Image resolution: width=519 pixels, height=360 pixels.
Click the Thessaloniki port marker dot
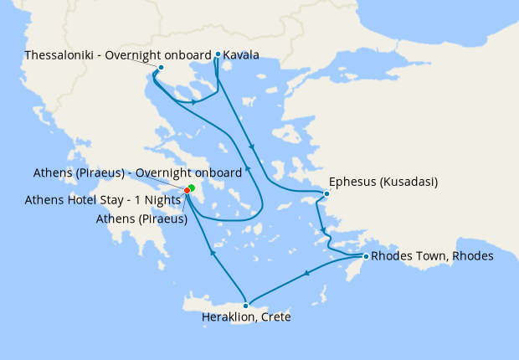click(x=161, y=67)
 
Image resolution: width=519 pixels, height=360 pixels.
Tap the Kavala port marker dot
click(x=218, y=54)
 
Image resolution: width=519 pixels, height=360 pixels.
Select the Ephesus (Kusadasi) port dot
click(x=326, y=194)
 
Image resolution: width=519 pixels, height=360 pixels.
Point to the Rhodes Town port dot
click(x=365, y=255)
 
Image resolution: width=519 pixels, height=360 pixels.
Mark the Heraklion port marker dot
click(x=245, y=306)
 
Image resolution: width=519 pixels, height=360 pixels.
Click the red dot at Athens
click(x=187, y=190)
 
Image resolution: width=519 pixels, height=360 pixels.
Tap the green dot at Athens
click(x=192, y=187)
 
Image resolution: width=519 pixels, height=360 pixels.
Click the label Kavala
click(x=241, y=55)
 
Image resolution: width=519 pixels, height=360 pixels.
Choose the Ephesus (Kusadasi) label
click(x=384, y=181)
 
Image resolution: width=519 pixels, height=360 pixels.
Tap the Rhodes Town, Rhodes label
click(x=432, y=255)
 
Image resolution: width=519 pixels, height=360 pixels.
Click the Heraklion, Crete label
click(x=246, y=318)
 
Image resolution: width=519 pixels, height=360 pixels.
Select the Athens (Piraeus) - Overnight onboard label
click(x=137, y=172)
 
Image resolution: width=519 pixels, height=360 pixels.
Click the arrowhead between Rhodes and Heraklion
click(x=307, y=273)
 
